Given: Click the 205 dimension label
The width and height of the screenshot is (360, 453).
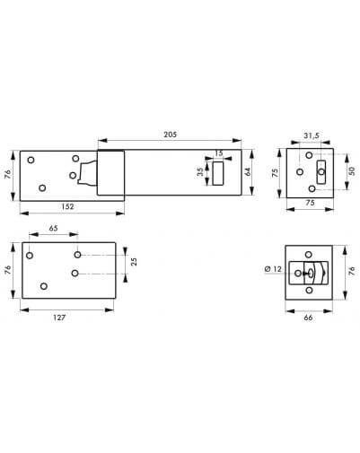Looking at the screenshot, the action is pos(170,135).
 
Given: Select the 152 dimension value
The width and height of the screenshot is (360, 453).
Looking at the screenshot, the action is pos(67,206).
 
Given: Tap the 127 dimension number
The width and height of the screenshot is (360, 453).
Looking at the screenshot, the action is pos(59,318).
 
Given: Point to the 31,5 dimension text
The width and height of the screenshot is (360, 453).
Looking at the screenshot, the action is pos(312,135).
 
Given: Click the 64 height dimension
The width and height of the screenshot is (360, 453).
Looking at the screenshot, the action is pos(248,172).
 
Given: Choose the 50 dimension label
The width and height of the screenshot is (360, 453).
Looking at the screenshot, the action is pos(352,171).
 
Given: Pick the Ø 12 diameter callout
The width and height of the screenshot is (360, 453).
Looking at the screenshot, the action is pos(274,269).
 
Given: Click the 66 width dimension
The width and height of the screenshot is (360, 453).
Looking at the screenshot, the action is pos(308,318).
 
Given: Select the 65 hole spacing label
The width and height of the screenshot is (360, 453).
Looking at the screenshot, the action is pos(53,228).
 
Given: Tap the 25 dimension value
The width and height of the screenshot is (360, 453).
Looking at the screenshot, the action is pos(135,262).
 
